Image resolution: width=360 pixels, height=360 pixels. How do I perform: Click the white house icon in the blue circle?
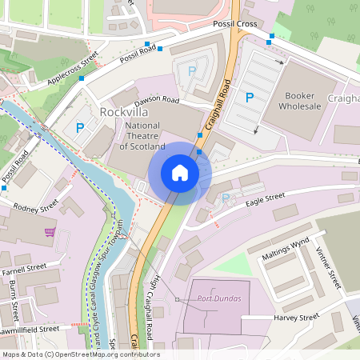[x=180, y=173]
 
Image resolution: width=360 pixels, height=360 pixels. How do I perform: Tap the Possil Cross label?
[x=234, y=25]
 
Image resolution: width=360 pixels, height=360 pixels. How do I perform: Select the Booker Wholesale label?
[x=300, y=100]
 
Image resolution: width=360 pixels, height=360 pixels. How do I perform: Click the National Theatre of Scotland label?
[x=142, y=135]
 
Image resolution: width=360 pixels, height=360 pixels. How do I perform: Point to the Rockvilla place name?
[x=125, y=112]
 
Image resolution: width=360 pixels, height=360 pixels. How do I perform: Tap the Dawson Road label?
[x=157, y=100]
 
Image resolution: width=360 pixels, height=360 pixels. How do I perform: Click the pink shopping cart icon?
[x=50, y=232]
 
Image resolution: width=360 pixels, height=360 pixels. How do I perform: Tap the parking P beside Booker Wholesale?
[x=250, y=98]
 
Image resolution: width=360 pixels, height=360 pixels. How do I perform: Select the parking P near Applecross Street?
[x=79, y=128]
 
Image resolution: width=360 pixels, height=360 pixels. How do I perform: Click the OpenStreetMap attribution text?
[x=80, y=354]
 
